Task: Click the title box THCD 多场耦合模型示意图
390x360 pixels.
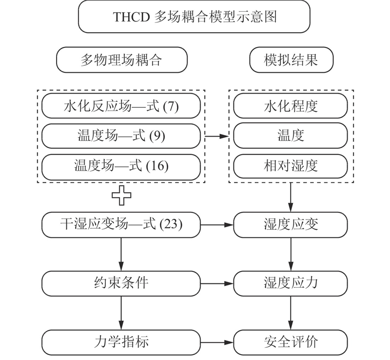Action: tap(194, 17)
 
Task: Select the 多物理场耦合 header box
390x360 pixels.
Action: tap(121, 60)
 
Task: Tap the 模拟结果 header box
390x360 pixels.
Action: tap(291, 60)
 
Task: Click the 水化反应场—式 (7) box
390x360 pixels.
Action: tap(121, 106)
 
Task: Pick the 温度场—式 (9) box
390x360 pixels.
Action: tap(121, 136)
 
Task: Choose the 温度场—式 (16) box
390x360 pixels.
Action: tap(121, 167)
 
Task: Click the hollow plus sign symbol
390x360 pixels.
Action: tap(121, 196)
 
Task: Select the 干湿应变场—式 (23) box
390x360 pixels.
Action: tap(121, 225)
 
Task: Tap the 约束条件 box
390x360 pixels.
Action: tap(121, 283)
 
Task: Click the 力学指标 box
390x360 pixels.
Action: tap(121, 342)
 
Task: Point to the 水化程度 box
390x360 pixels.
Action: tap(291, 106)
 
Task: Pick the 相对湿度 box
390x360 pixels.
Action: tap(291, 166)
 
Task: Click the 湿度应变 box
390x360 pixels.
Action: tap(291, 225)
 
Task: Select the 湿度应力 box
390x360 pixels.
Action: tap(291, 283)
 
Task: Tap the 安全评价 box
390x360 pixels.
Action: tap(291, 342)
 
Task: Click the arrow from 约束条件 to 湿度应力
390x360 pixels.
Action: tap(217, 283)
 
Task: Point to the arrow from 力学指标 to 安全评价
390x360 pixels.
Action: tap(217, 342)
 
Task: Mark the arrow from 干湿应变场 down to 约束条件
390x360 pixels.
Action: tap(121, 254)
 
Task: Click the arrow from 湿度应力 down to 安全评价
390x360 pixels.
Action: tap(291, 313)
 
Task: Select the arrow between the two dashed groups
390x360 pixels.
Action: tap(216, 136)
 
